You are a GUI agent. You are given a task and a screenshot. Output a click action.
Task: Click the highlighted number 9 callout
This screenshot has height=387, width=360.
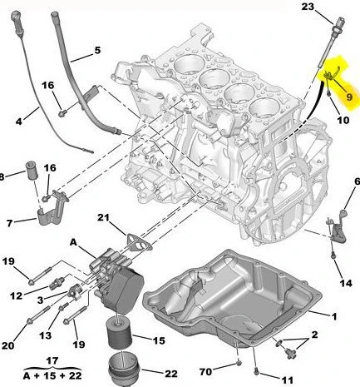[349, 97]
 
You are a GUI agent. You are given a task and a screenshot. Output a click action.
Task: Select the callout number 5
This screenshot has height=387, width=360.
[96, 51]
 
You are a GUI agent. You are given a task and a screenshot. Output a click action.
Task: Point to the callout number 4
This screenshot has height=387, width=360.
[21, 121]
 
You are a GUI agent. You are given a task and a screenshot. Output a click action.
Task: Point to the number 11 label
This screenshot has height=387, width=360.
[287, 380]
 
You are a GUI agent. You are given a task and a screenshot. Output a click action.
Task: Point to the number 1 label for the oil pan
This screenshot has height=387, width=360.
[334, 315]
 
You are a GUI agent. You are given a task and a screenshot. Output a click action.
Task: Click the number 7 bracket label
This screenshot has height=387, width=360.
[10, 223]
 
